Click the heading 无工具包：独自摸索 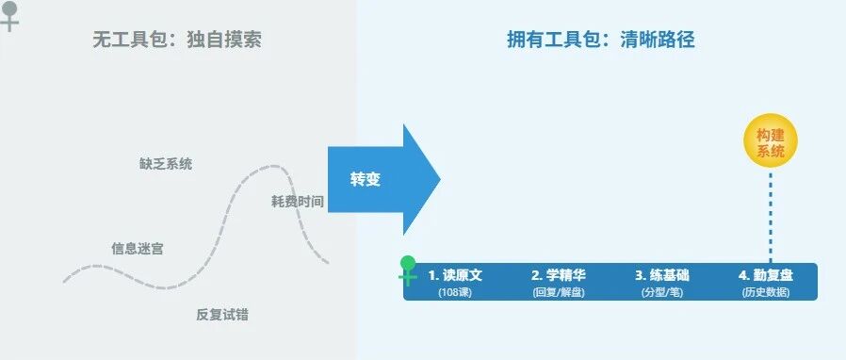click(x=177, y=40)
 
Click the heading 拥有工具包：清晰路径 click(x=600, y=40)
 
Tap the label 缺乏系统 click(x=166, y=164)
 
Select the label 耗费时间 click(x=298, y=202)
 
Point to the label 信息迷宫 click(x=137, y=249)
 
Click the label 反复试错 click(x=222, y=315)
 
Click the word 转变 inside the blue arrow click(x=366, y=180)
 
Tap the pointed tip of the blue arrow click(x=440, y=180)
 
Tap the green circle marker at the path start click(x=409, y=263)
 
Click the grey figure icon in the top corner click(x=9, y=16)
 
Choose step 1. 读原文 click(x=455, y=275)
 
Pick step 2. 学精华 click(x=559, y=275)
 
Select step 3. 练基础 click(x=662, y=275)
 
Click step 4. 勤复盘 click(x=766, y=275)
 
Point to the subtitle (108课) click(x=455, y=292)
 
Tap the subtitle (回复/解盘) click(x=559, y=292)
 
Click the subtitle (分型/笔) click(x=662, y=292)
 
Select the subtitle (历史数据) click(x=766, y=292)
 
